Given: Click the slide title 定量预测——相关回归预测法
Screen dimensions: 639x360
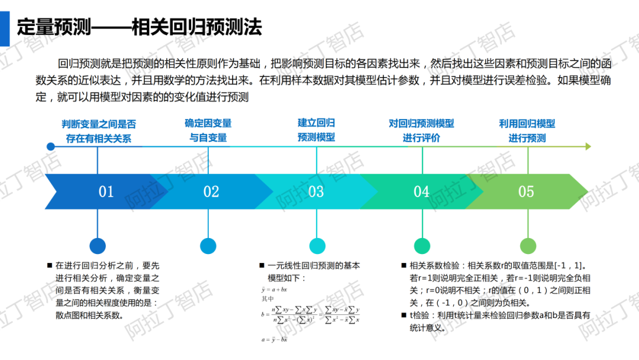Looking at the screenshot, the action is (139, 27).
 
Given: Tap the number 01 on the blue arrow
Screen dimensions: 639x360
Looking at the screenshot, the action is (106, 192).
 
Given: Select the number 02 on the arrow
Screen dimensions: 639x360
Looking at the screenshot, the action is (211, 192).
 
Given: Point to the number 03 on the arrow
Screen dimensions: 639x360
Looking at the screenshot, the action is (316, 192).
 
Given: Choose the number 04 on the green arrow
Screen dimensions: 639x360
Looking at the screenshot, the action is (421, 192).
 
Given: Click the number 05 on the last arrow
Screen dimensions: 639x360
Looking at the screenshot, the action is (526, 192).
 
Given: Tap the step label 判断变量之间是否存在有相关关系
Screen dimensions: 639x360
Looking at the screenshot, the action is (98, 131).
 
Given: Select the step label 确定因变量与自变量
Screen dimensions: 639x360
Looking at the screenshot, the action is (208, 130).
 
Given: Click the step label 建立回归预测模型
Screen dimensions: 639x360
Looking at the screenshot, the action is (316, 130).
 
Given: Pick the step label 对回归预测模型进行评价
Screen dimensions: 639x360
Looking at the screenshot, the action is (421, 131).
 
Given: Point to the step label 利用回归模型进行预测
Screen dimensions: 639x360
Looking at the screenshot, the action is (527, 131).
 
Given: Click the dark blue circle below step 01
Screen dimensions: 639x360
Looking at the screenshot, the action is (98, 246).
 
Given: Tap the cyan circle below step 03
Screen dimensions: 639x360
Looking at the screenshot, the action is (317, 246).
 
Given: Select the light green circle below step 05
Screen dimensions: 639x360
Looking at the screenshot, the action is (528, 246).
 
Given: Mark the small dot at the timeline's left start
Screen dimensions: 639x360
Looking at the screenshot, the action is (51, 146).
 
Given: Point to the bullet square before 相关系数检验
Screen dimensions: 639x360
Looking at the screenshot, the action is (404, 266).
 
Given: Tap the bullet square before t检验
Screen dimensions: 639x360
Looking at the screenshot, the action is (404, 316).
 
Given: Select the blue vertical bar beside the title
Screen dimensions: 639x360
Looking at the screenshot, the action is (4, 27).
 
